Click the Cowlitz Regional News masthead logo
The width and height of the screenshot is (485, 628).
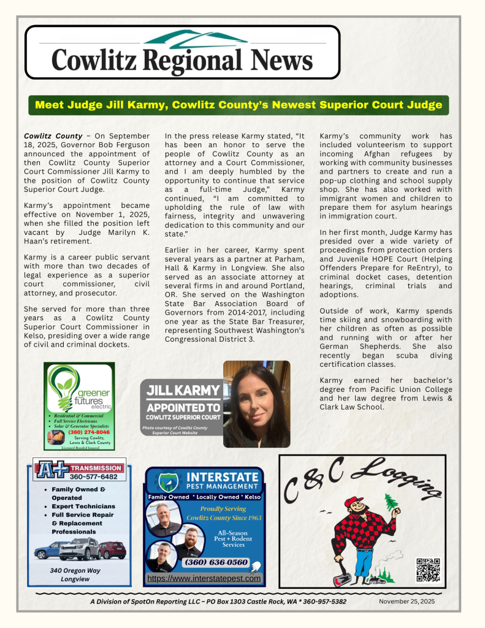tap(182, 53)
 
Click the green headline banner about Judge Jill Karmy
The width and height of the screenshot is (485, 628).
tap(239, 105)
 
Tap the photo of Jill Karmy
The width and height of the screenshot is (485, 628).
tap(256, 404)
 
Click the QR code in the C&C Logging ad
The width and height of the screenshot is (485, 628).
tap(428, 569)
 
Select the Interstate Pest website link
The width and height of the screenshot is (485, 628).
tap(204, 578)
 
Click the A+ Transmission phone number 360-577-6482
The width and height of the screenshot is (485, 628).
tap(93, 476)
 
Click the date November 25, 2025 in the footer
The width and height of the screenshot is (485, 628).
tap(407, 602)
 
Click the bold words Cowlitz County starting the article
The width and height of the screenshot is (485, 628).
tap(53, 136)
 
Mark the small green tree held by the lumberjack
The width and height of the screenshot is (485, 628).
tap(390, 502)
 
